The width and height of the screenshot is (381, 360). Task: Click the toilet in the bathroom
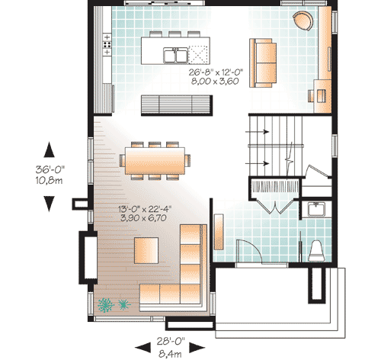[x=317, y=249]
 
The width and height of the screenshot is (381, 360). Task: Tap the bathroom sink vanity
[x=314, y=210]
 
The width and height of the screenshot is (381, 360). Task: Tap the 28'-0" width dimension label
[x=171, y=342]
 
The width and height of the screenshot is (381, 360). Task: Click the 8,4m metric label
[x=171, y=352]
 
